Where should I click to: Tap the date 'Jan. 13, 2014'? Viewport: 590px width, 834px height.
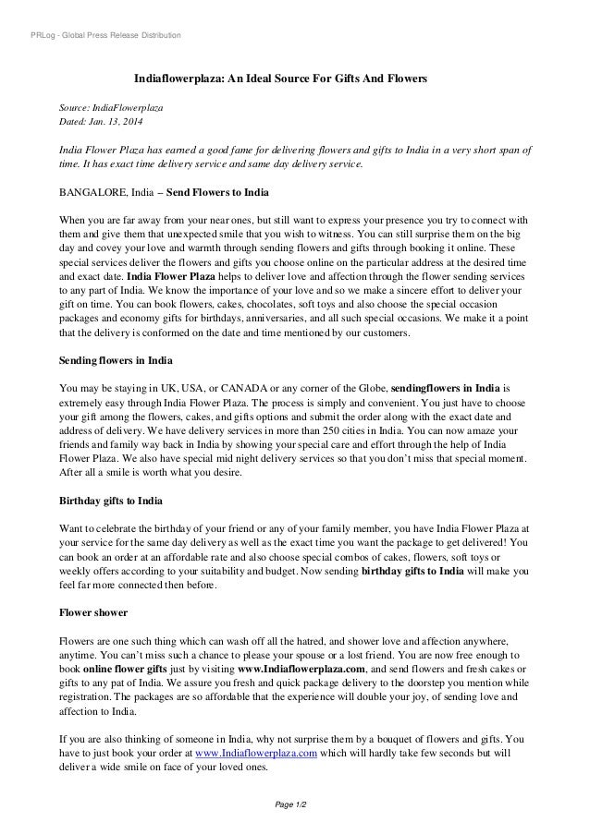click(115, 122)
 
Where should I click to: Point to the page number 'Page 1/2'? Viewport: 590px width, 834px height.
click(294, 805)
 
